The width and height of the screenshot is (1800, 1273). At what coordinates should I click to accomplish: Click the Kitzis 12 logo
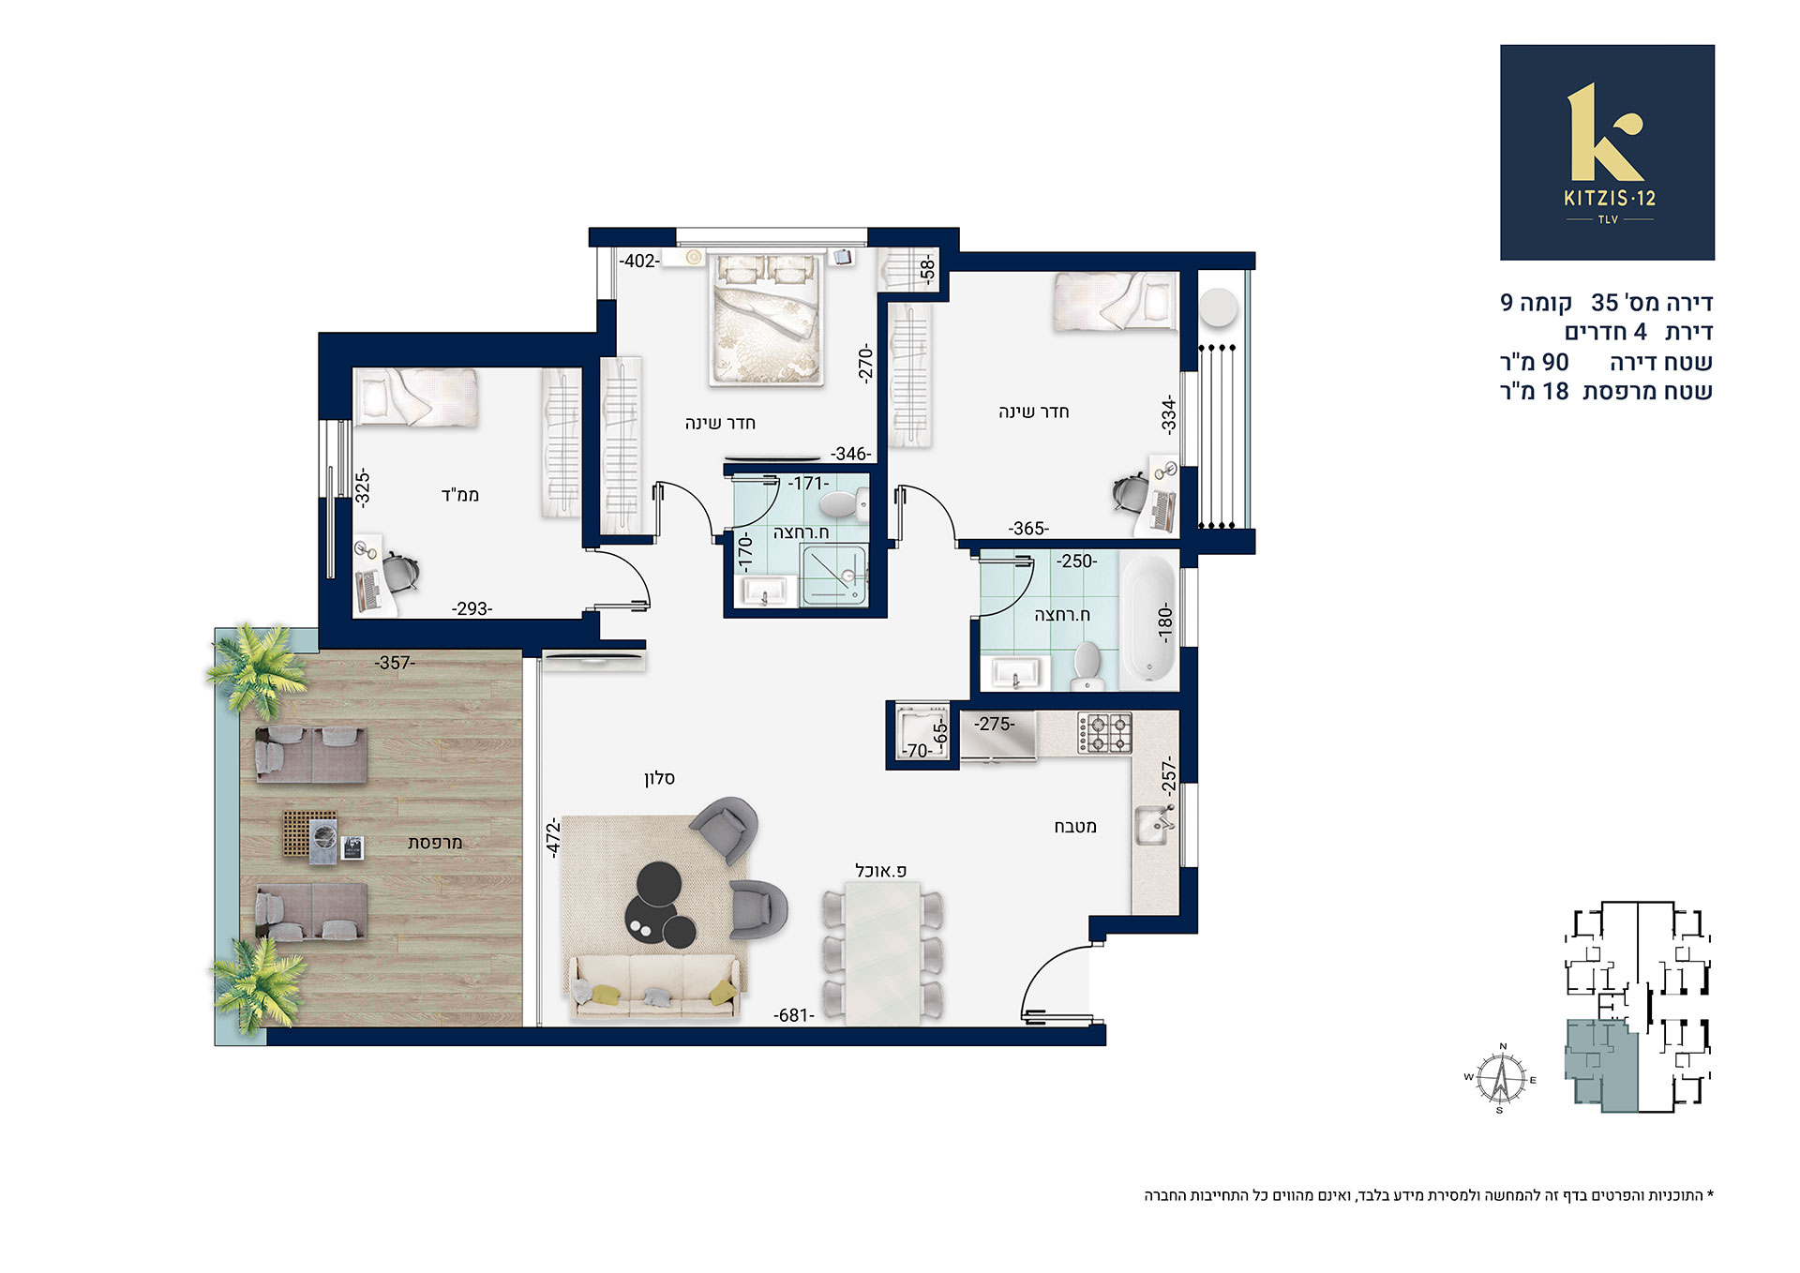(x=1607, y=152)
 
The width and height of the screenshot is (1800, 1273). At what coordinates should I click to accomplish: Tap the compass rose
(x=1501, y=1078)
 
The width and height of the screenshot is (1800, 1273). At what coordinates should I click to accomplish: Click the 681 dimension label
(x=793, y=1015)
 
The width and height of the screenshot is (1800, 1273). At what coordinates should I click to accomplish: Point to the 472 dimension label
(x=553, y=837)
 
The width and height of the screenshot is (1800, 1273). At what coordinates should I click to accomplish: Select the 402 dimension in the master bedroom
(x=639, y=261)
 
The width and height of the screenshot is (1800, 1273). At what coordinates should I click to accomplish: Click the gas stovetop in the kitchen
(x=1104, y=732)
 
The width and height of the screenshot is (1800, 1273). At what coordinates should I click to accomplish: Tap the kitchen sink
(x=1155, y=825)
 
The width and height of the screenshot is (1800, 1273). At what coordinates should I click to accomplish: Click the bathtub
(x=1148, y=621)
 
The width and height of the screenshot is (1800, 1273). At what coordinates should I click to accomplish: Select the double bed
(x=767, y=318)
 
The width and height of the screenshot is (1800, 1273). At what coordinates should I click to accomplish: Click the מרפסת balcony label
(x=435, y=843)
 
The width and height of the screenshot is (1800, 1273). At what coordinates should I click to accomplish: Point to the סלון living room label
(x=659, y=778)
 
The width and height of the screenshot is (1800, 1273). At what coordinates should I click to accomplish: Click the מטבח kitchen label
(x=1075, y=827)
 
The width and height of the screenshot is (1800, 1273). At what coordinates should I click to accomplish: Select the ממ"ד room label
(x=460, y=494)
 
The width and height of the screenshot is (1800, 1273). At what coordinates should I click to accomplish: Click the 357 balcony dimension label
(x=395, y=663)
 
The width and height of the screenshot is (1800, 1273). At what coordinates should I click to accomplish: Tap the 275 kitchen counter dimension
(x=994, y=724)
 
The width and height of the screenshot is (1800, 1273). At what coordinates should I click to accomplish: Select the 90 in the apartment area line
(x=1555, y=362)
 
